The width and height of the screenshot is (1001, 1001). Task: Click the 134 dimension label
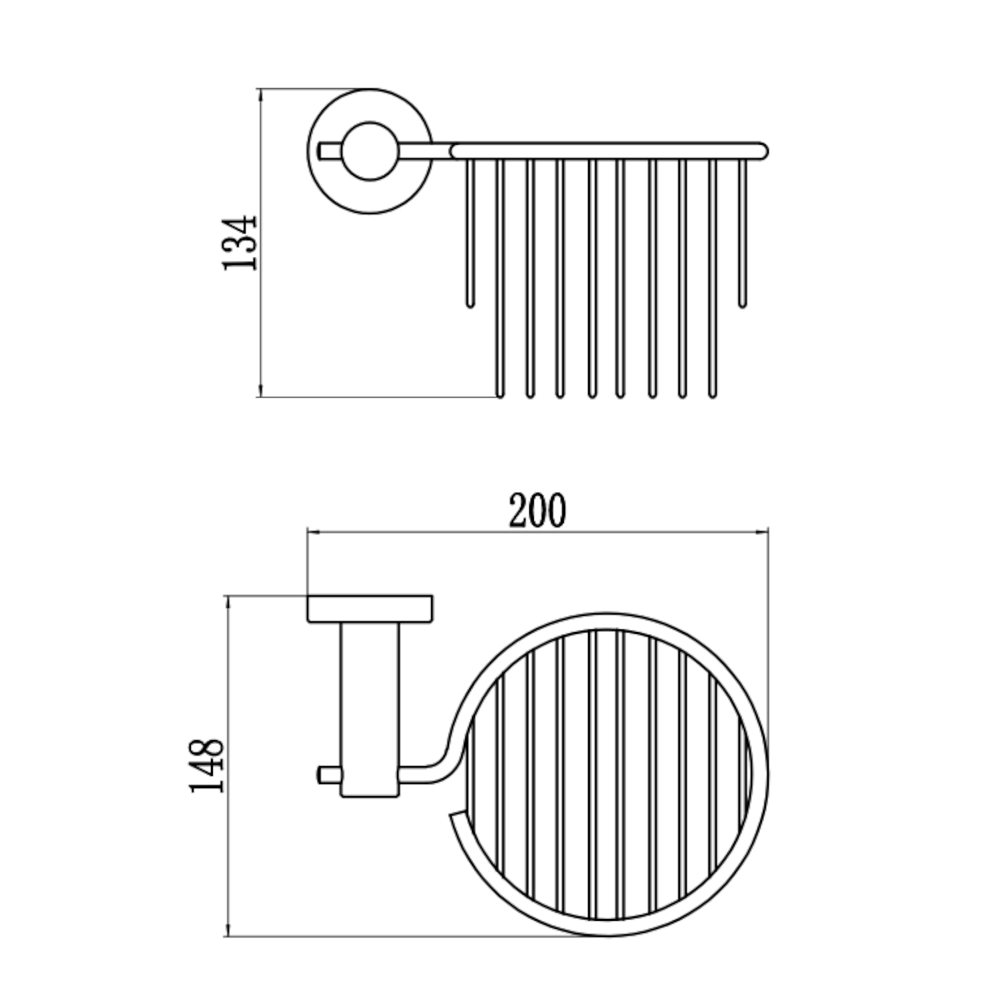239,242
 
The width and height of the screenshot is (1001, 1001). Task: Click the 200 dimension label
537,511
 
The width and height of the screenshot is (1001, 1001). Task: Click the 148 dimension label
206,764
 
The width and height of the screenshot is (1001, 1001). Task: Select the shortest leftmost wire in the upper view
470,234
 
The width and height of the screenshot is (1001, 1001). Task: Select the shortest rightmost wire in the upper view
742,234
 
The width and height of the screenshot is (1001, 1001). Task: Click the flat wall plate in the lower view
370,608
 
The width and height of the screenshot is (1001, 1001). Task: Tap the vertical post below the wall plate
370,709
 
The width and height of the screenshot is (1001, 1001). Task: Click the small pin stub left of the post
328,775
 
